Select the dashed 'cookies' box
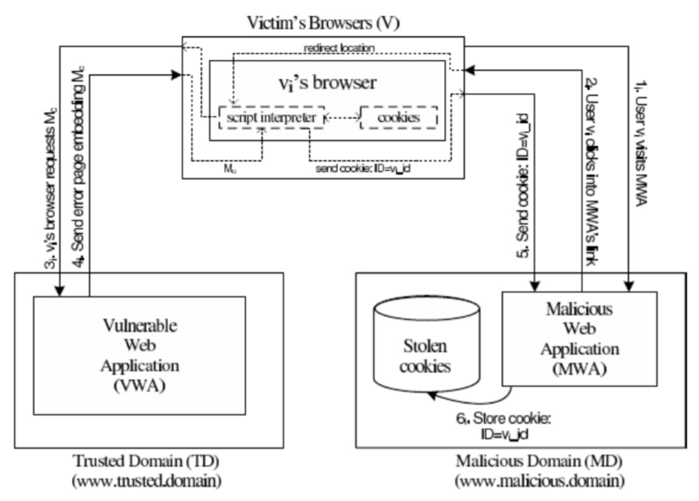pyautogui.click(x=399, y=118)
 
